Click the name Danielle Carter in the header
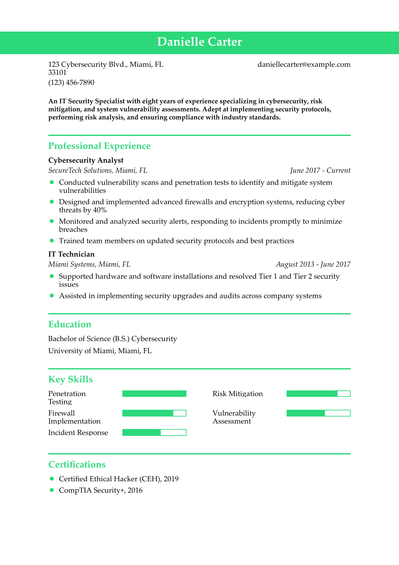[199, 42]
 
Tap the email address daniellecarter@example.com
[304, 64]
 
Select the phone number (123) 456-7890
[71, 83]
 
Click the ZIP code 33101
[57, 72]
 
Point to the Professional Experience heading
[99, 146]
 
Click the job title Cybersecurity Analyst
[86, 160]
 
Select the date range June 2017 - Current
[320, 170]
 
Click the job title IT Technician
[71, 254]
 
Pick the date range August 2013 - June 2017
[313, 264]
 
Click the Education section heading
[70, 324]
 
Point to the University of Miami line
[100, 351]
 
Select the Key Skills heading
[70, 379]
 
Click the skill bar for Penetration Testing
[154, 394]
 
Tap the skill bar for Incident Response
[154, 433]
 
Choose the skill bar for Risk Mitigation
[318, 394]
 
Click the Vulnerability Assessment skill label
[234, 417]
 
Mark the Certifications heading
[77, 464]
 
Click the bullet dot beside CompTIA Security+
[52, 490]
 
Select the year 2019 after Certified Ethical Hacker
[171, 479]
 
